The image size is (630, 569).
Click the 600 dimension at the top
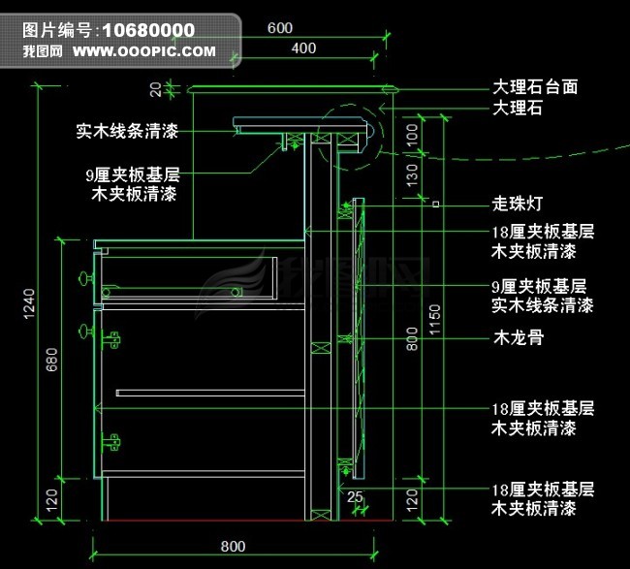tap(279, 28)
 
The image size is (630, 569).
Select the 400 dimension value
tap(302, 48)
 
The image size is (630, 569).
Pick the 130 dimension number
tap(412, 175)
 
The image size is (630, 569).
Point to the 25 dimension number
tap(356, 497)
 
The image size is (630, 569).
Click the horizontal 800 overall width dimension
tap(233, 545)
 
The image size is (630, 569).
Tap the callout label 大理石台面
tap(535, 87)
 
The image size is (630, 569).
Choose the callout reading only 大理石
tap(518, 109)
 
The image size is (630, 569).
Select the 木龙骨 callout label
tap(518, 339)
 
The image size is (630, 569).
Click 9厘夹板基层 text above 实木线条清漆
tap(540, 287)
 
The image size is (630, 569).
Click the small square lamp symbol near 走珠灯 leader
tap(436, 205)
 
